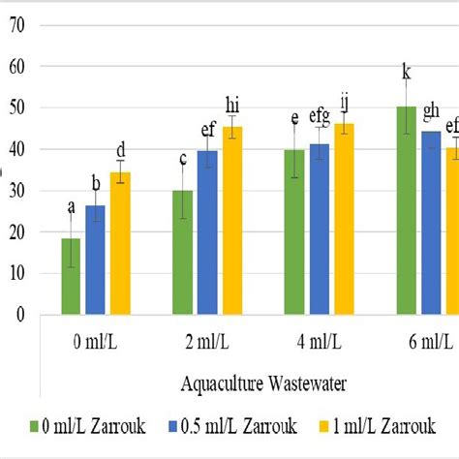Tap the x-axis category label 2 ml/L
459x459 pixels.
[207, 342]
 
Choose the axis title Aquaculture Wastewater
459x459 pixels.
[263, 382]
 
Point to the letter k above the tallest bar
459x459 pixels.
[407, 70]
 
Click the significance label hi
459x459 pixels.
[232, 105]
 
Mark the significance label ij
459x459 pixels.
[346, 103]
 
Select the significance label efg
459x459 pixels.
[321, 117]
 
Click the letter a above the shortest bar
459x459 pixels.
[71, 205]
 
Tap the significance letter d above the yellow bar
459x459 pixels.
[121, 150]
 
